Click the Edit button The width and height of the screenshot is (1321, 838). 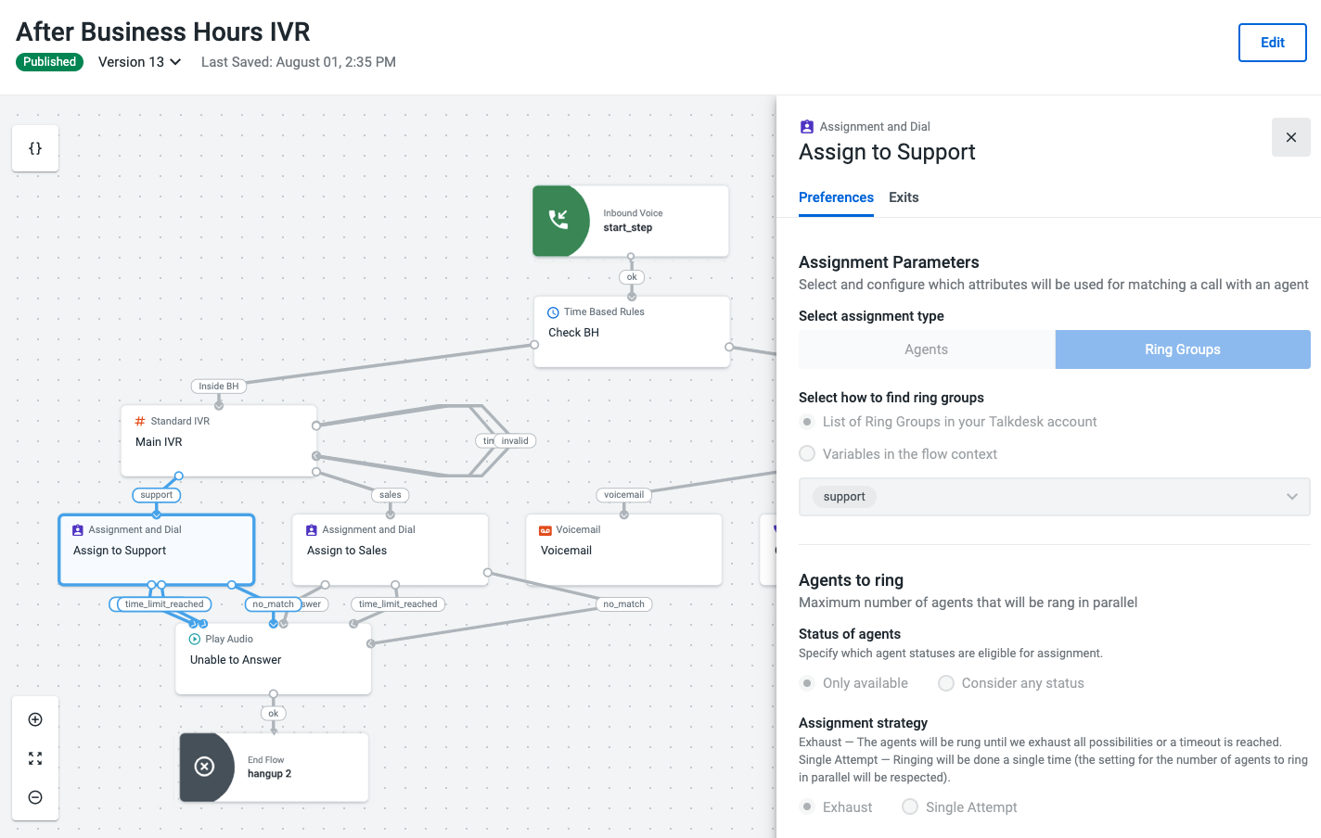1272,43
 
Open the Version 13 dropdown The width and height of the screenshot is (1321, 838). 139,62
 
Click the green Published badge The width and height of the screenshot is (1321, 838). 49,62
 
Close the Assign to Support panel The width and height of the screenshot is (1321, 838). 1290,137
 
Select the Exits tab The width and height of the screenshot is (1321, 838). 904,197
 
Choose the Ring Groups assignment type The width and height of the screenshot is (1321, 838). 1183,349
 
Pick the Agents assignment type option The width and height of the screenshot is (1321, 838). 927,349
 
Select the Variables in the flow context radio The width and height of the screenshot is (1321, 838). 807,454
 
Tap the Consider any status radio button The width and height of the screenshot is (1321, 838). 946,683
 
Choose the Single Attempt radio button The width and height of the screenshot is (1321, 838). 910,806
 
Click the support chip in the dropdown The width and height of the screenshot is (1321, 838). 844,497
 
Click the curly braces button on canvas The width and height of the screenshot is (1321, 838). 35,148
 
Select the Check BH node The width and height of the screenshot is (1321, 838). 632,332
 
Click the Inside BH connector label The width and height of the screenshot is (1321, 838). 219,386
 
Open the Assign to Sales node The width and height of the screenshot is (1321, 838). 391,549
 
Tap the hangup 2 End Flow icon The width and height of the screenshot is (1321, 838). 205,767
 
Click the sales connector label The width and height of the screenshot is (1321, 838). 391,494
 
